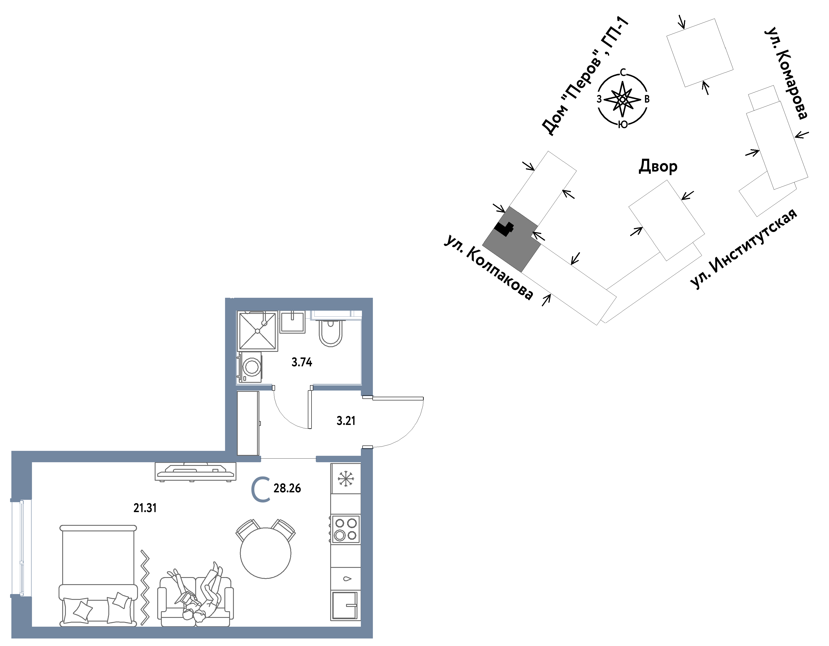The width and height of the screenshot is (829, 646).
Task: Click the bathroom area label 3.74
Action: (302, 362)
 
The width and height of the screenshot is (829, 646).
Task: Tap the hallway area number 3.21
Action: (346, 421)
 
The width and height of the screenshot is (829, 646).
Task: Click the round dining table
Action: (266, 553)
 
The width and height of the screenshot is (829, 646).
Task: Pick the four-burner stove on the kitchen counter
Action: (345, 529)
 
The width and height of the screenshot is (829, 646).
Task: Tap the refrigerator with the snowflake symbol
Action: (345, 479)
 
